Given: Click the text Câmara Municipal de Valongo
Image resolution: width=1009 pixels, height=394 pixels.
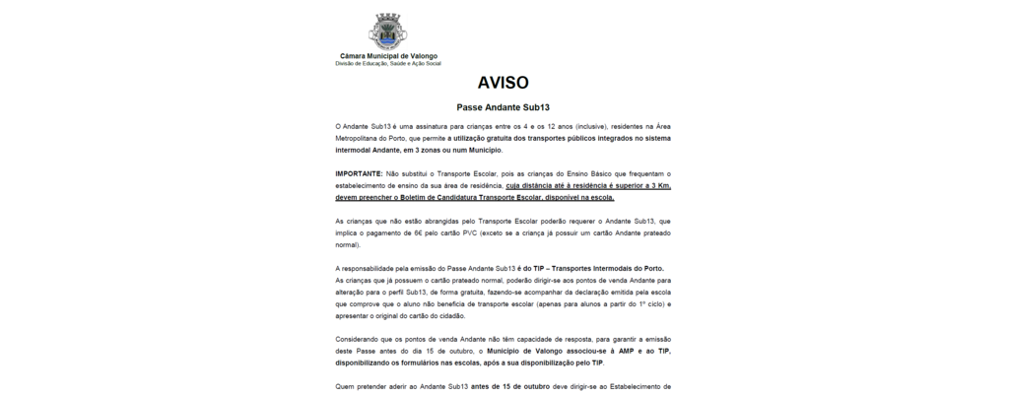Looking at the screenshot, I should [x=388, y=57].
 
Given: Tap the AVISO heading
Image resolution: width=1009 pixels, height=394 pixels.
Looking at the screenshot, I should [x=504, y=83].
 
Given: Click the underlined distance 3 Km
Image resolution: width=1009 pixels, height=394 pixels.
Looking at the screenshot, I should [x=659, y=184].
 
